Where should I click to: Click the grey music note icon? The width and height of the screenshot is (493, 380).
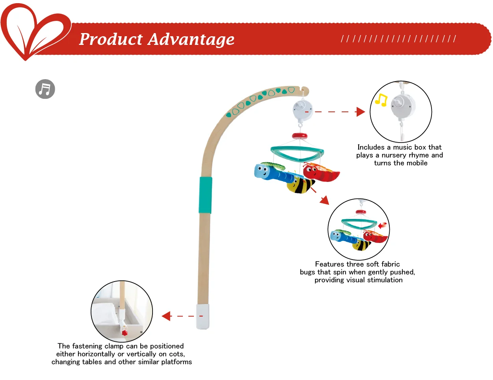[45, 89]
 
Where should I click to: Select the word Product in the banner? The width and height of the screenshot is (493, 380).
[111, 39]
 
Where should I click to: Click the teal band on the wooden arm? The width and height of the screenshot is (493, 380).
[205, 195]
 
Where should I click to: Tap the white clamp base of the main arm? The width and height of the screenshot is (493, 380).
[203, 316]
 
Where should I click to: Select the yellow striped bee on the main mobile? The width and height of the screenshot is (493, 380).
[301, 185]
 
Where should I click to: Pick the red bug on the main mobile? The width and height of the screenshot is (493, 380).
[320, 172]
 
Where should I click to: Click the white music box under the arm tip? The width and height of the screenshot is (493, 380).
[303, 109]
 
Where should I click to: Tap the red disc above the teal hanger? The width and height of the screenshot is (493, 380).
[300, 136]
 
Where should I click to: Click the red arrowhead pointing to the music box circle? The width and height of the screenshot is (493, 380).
[360, 112]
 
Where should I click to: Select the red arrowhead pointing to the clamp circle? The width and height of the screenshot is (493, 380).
[167, 316]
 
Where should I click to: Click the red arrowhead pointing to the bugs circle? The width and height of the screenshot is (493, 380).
[325, 200]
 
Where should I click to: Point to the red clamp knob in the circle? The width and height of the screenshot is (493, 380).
[125, 333]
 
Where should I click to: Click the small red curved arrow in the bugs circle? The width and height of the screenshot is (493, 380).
[382, 226]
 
